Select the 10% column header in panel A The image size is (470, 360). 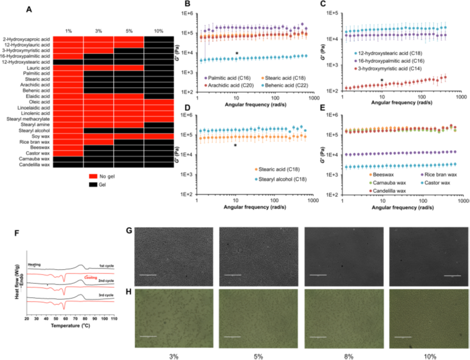coord(158,30)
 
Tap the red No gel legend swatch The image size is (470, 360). coord(92,175)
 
